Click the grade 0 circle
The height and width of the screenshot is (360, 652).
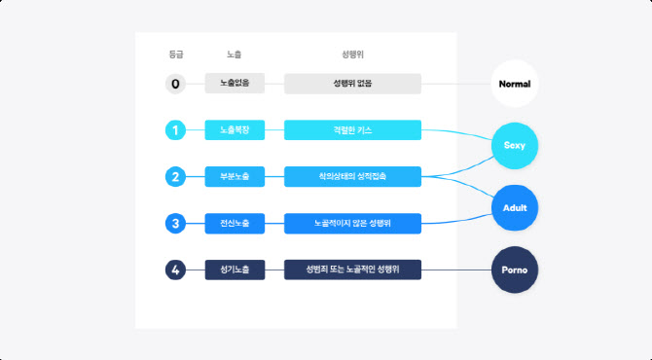[175, 84]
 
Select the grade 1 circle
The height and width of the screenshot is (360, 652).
[175, 130]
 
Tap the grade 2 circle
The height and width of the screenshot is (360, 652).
[175, 177]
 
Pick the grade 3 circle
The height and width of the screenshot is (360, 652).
[175, 224]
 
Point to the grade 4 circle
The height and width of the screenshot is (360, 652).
[175, 270]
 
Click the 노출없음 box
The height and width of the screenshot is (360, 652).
[235, 84]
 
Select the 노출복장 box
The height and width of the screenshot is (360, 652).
[235, 130]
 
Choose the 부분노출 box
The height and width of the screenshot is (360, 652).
[235, 177]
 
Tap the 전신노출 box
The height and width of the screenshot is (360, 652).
[235, 224]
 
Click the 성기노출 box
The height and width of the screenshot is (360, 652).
[235, 270]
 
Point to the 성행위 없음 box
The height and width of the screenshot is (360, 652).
[352, 84]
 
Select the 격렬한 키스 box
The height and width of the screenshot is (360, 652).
[352, 130]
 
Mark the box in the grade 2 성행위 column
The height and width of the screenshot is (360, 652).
[352, 177]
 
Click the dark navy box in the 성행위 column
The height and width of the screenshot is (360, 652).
[352, 270]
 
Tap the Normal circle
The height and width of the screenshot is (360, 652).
[514, 84]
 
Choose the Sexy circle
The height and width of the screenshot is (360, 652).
[515, 146]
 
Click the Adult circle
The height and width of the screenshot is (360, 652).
[515, 208]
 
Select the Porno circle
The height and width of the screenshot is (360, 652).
[515, 270]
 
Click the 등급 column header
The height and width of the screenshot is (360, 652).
[175, 54]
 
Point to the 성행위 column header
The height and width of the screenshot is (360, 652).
[352, 54]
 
